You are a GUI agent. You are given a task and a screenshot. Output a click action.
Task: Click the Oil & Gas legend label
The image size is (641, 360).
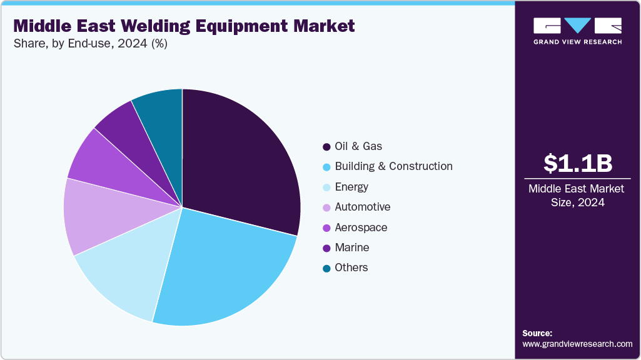358,146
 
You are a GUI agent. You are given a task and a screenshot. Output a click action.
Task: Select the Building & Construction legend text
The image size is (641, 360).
393,166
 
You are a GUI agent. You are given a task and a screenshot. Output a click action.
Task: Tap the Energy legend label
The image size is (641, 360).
351,187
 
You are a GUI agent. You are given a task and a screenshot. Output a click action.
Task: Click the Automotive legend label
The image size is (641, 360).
363,207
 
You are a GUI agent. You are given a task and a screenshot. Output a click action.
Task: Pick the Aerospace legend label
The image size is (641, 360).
361,227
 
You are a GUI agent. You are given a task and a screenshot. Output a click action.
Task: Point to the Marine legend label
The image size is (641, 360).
352,247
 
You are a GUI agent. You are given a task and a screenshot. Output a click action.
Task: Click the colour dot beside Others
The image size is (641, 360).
326,268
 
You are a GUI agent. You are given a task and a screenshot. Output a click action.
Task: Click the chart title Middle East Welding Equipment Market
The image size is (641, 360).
184,26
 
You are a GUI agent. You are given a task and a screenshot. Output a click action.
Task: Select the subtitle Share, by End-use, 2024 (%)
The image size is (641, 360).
90,44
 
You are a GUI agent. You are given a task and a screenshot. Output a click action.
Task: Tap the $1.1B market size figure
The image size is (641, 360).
577,163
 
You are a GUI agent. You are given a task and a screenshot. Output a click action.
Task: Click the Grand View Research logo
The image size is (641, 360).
577,31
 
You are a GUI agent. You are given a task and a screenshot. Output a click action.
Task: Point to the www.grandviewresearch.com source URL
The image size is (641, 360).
577,344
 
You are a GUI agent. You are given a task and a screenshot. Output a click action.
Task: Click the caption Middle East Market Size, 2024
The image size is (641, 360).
577,195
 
